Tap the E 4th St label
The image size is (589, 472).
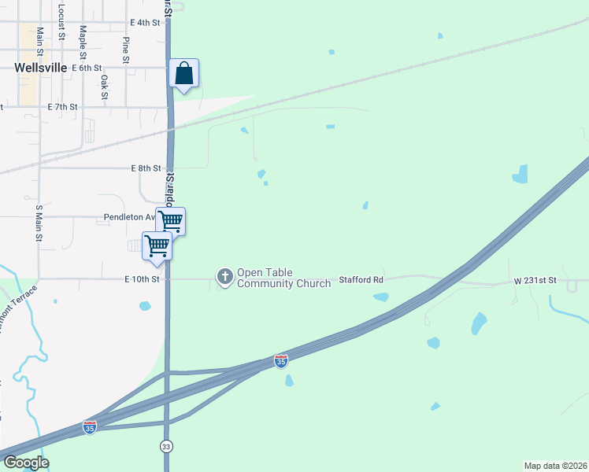(x=146, y=23)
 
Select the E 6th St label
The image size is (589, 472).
(x=87, y=68)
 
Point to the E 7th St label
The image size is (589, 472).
(x=63, y=106)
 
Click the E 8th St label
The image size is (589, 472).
(x=146, y=168)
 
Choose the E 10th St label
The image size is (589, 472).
(x=142, y=279)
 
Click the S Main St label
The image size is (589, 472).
(x=38, y=223)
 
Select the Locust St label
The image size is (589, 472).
(x=61, y=20)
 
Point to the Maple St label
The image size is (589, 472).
(x=82, y=42)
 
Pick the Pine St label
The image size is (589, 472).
(x=125, y=49)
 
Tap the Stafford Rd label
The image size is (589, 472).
(x=361, y=279)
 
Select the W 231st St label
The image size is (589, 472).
(x=535, y=280)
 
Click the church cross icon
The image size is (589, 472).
(x=225, y=276)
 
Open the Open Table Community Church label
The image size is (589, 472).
(x=283, y=278)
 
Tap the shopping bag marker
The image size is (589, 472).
(x=183, y=75)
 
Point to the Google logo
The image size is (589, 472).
(x=26, y=463)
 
